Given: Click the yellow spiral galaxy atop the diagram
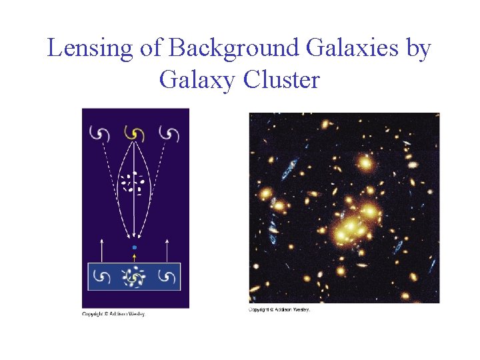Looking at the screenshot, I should click(135, 134).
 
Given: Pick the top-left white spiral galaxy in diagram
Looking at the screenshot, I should click(99, 134).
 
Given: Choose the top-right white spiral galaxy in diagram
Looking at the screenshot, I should click(171, 134).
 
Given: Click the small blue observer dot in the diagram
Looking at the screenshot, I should click(135, 247).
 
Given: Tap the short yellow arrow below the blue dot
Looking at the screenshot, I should click(135, 257).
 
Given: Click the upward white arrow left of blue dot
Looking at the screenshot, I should click(101, 250).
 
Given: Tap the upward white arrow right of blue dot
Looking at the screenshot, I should click(167, 250).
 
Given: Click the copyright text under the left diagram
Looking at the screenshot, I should click(113, 314).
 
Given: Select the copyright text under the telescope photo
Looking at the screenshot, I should click(279, 309).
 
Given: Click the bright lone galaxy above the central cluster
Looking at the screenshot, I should click(364, 162).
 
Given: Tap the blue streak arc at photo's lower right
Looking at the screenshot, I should click(398, 247).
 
